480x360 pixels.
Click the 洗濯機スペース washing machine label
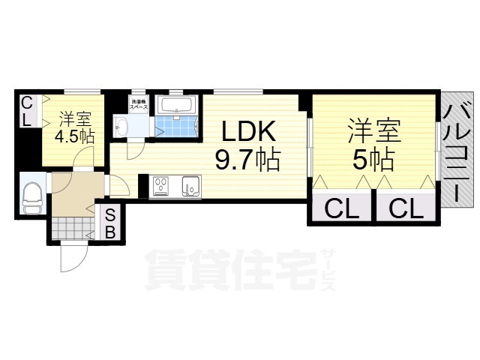[139, 105]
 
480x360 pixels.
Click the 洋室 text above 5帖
[373, 132]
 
